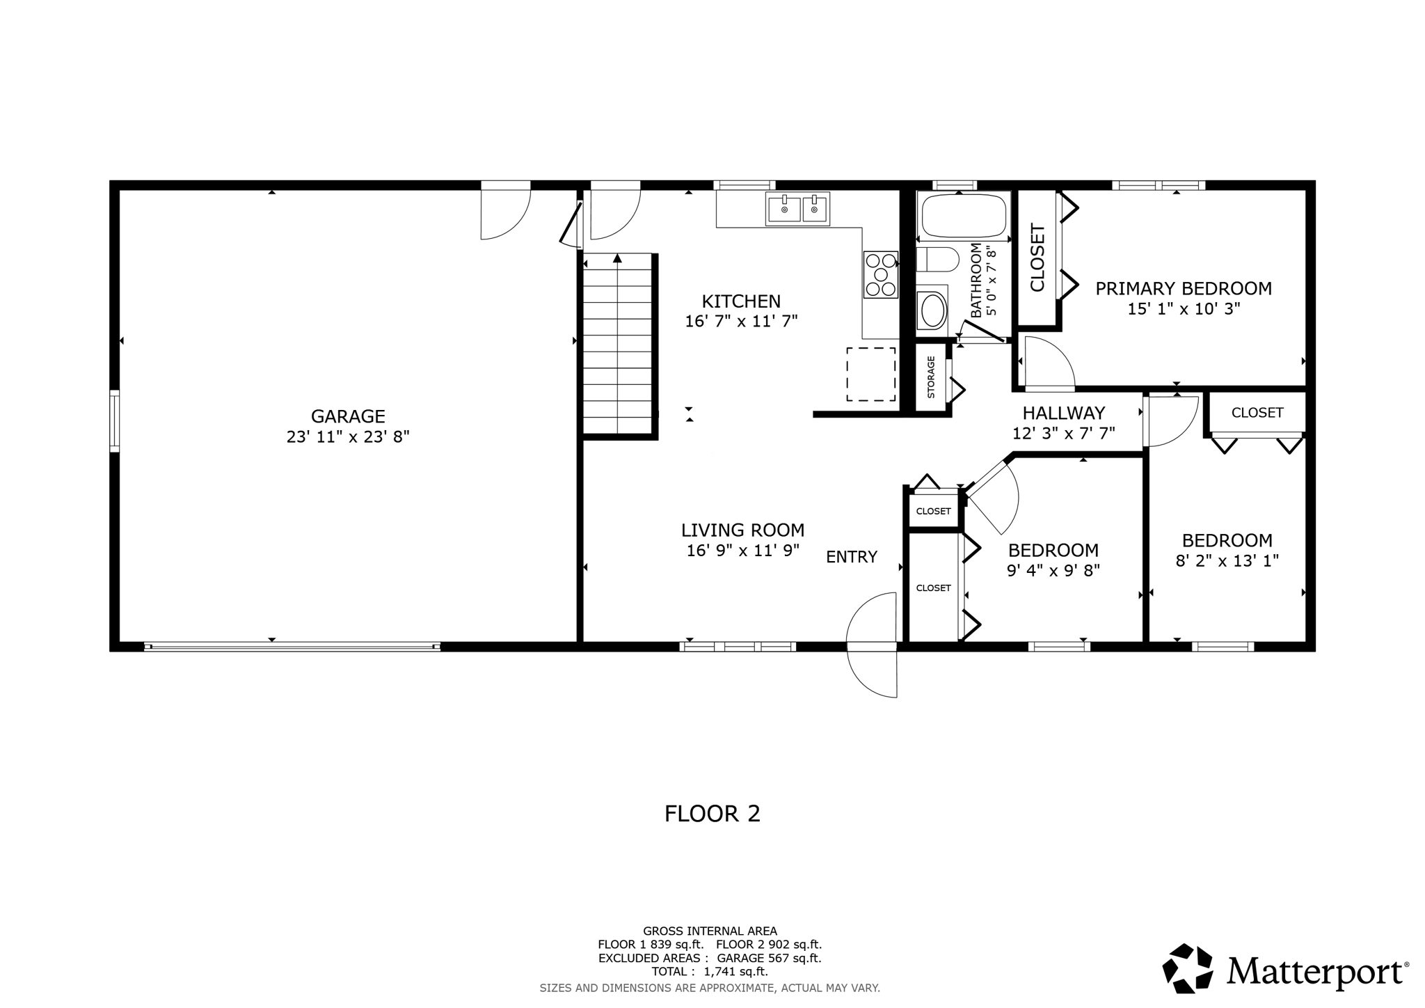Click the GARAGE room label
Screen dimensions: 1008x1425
[347, 416]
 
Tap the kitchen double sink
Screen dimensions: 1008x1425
[797, 208]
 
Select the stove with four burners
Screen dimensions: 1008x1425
[880, 274]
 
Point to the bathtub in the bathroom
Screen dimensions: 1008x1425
[964, 215]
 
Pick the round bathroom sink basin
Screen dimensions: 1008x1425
[932, 310]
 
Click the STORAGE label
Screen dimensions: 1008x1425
[931, 377]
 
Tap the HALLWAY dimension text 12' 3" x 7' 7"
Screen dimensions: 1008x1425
[1063, 433]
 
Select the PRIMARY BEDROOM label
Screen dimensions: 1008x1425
[1183, 288]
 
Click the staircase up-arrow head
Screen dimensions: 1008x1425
[617, 258]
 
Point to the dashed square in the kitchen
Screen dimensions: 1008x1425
[870, 375]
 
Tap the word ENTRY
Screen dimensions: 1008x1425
[851, 557]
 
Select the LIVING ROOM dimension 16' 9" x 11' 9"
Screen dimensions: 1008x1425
[742, 551]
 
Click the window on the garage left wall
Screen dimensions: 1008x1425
[115, 421]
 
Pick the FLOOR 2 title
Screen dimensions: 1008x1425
[712, 813]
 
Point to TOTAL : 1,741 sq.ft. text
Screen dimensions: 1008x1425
[709, 972]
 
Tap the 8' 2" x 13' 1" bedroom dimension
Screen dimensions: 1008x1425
[1227, 560]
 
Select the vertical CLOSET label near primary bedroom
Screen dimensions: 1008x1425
[1037, 258]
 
